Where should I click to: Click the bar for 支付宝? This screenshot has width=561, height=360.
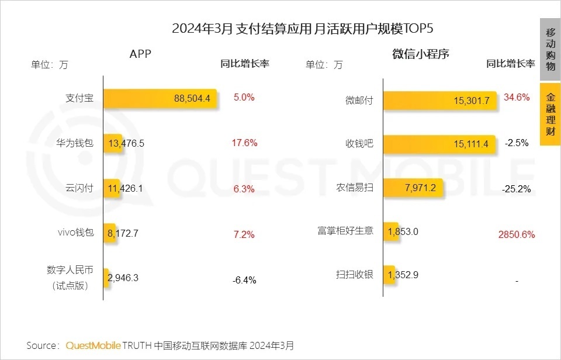tap(160, 98)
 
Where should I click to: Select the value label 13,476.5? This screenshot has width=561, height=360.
tap(125, 143)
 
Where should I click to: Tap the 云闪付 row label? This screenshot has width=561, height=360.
tap(79, 188)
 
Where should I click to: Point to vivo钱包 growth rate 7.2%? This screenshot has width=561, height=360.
tap(244, 234)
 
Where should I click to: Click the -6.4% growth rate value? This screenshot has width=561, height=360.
tap(244, 280)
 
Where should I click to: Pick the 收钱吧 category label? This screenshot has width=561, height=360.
tap(359, 144)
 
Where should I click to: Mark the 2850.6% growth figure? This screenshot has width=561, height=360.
tap(516, 234)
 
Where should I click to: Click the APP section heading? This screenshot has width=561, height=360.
tap(140, 54)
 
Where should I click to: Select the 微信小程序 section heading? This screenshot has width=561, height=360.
tap(420, 54)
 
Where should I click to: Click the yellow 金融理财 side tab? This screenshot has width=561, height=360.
tap(550, 114)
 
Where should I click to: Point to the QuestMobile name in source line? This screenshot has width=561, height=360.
tap(93, 345)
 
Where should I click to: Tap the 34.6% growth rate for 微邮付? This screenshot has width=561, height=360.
tap(516, 98)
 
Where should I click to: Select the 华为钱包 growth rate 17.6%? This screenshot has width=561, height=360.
tap(244, 143)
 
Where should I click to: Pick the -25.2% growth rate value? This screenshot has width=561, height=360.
tap(516, 189)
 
